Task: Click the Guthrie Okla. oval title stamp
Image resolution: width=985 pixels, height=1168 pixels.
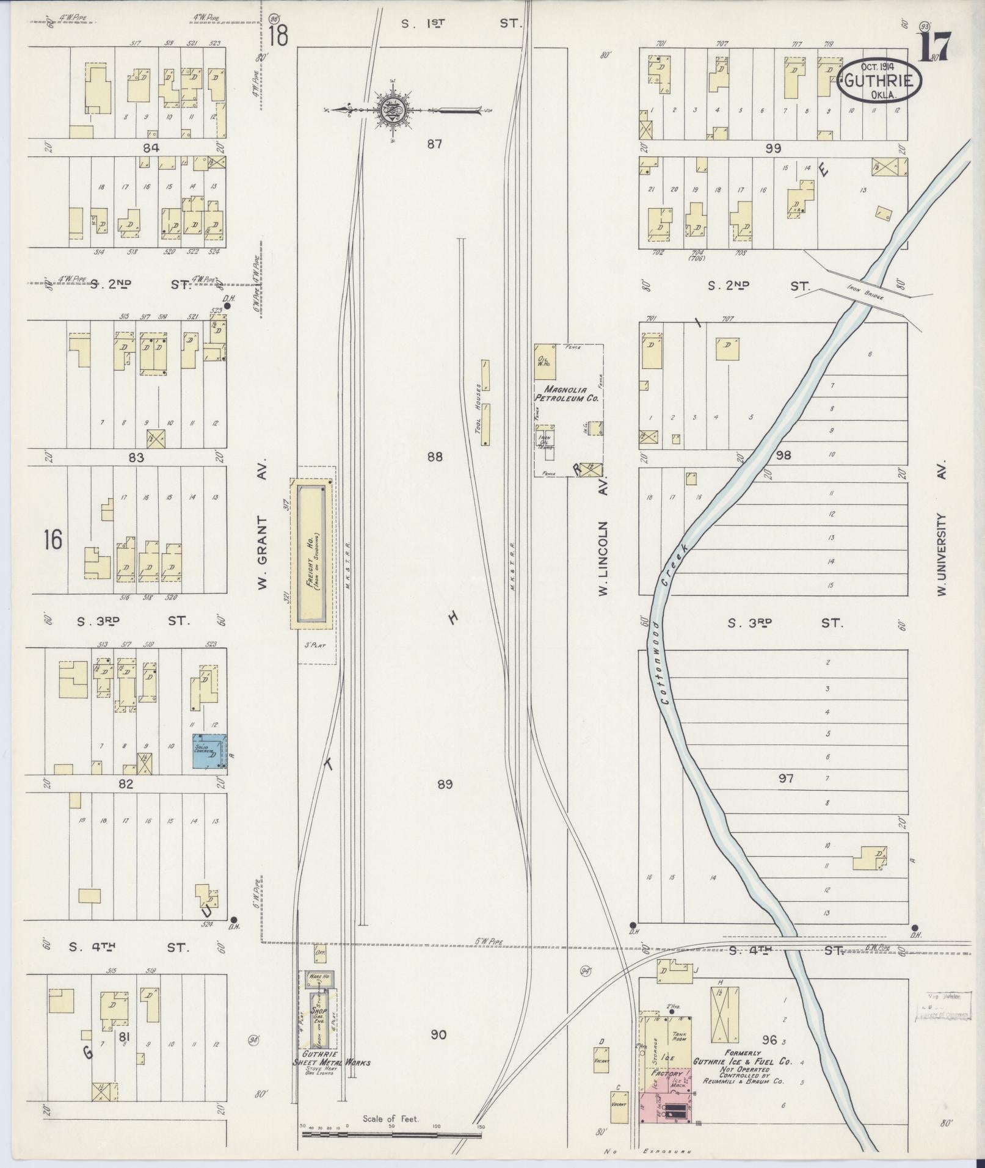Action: [879, 81]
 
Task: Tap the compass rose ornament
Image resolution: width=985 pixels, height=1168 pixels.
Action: [391, 111]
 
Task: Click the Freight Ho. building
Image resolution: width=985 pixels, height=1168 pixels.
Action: [312, 554]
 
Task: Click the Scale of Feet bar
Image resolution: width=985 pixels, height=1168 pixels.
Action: [391, 1135]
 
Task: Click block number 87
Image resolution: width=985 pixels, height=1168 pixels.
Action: [434, 144]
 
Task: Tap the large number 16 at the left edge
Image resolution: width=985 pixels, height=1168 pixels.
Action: [53, 540]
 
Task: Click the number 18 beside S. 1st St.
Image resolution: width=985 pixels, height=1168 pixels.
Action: [278, 35]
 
